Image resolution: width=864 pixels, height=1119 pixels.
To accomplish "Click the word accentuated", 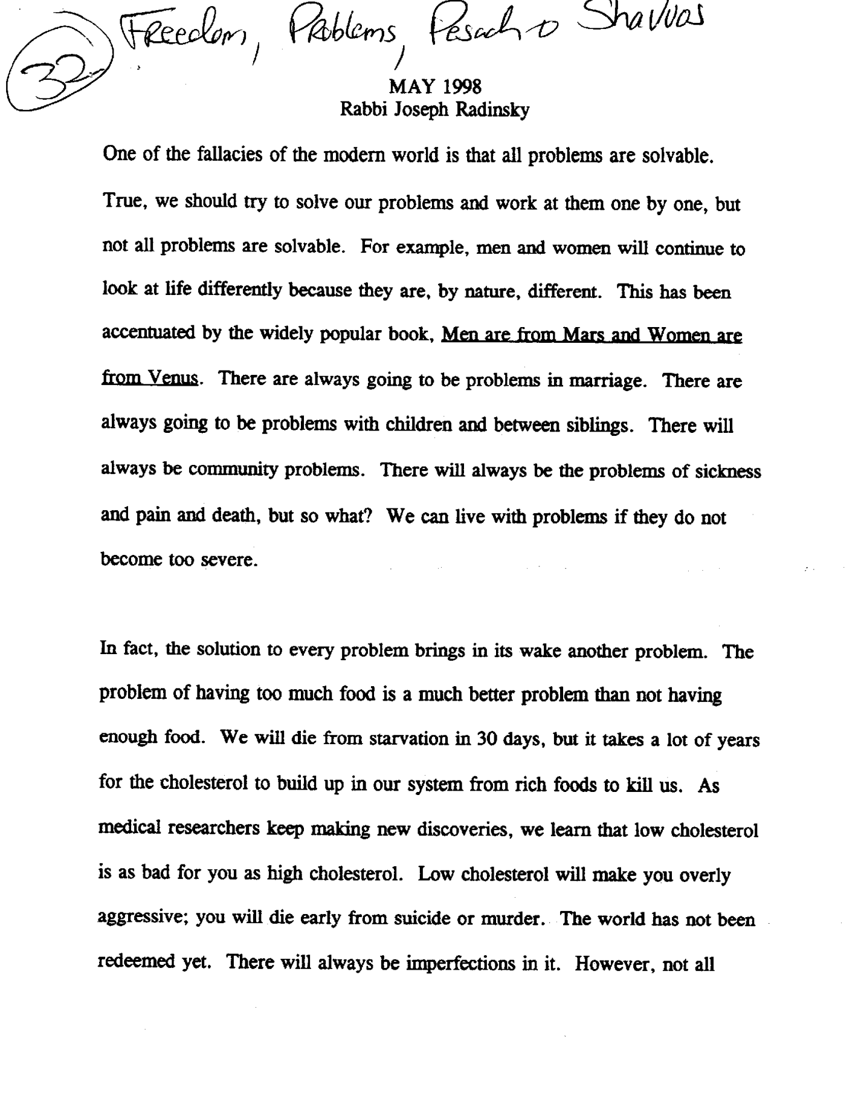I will coord(147,335).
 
